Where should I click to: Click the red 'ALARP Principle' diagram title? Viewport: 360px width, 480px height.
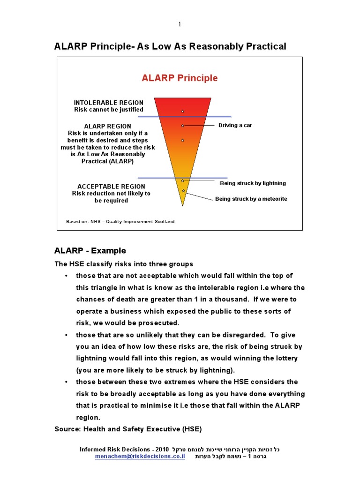pyautogui.click(x=180, y=78)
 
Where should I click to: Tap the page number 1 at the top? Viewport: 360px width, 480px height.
pyautogui.click(x=180, y=24)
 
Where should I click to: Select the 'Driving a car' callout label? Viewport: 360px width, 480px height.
pyautogui.click(x=235, y=125)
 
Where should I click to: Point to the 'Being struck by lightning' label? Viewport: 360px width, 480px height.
pyautogui.click(x=253, y=183)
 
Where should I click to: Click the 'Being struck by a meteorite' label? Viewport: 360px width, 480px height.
pyautogui.click(x=251, y=199)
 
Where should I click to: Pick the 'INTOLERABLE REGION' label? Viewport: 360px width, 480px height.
pyautogui.click(x=108, y=103)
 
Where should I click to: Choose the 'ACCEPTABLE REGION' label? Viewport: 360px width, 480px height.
pyautogui.click(x=111, y=187)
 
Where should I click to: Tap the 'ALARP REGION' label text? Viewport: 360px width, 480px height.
pyautogui.click(x=107, y=127)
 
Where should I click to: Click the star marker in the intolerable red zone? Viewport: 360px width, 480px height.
pyautogui.click(x=182, y=111)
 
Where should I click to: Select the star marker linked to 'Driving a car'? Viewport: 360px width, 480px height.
pyautogui.click(x=182, y=126)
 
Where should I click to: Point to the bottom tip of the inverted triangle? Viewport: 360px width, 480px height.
pyautogui.click(x=182, y=205)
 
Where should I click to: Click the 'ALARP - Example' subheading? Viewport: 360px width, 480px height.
pyautogui.click(x=90, y=251)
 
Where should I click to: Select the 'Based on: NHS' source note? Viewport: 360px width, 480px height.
pyautogui.click(x=120, y=222)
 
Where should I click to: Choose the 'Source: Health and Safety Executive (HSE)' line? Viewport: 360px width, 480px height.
pyautogui.click(x=128, y=429)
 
